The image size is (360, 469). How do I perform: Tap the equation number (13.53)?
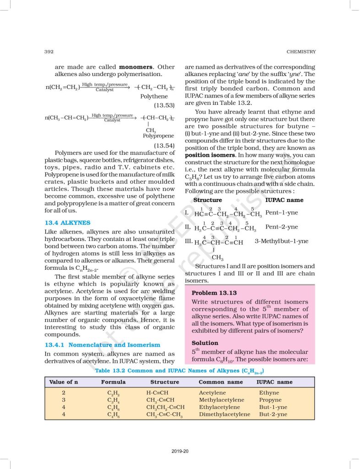164,105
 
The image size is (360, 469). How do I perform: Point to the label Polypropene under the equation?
158,136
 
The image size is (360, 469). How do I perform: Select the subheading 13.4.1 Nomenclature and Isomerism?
102,344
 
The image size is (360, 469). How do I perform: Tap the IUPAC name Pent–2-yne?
281,227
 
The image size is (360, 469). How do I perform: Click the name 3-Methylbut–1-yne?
281,241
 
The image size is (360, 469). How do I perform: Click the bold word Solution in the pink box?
205,343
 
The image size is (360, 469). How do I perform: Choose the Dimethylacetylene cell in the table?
224,414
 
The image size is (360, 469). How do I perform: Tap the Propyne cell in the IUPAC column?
270,400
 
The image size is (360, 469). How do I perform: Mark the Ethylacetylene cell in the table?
219,407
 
